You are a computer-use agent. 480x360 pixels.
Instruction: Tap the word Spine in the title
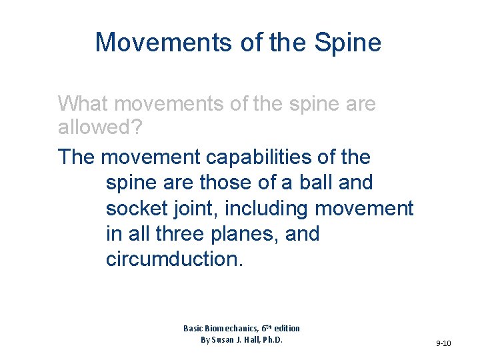click(349, 43)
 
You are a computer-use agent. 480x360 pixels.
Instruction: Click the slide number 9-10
click(443, 343)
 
